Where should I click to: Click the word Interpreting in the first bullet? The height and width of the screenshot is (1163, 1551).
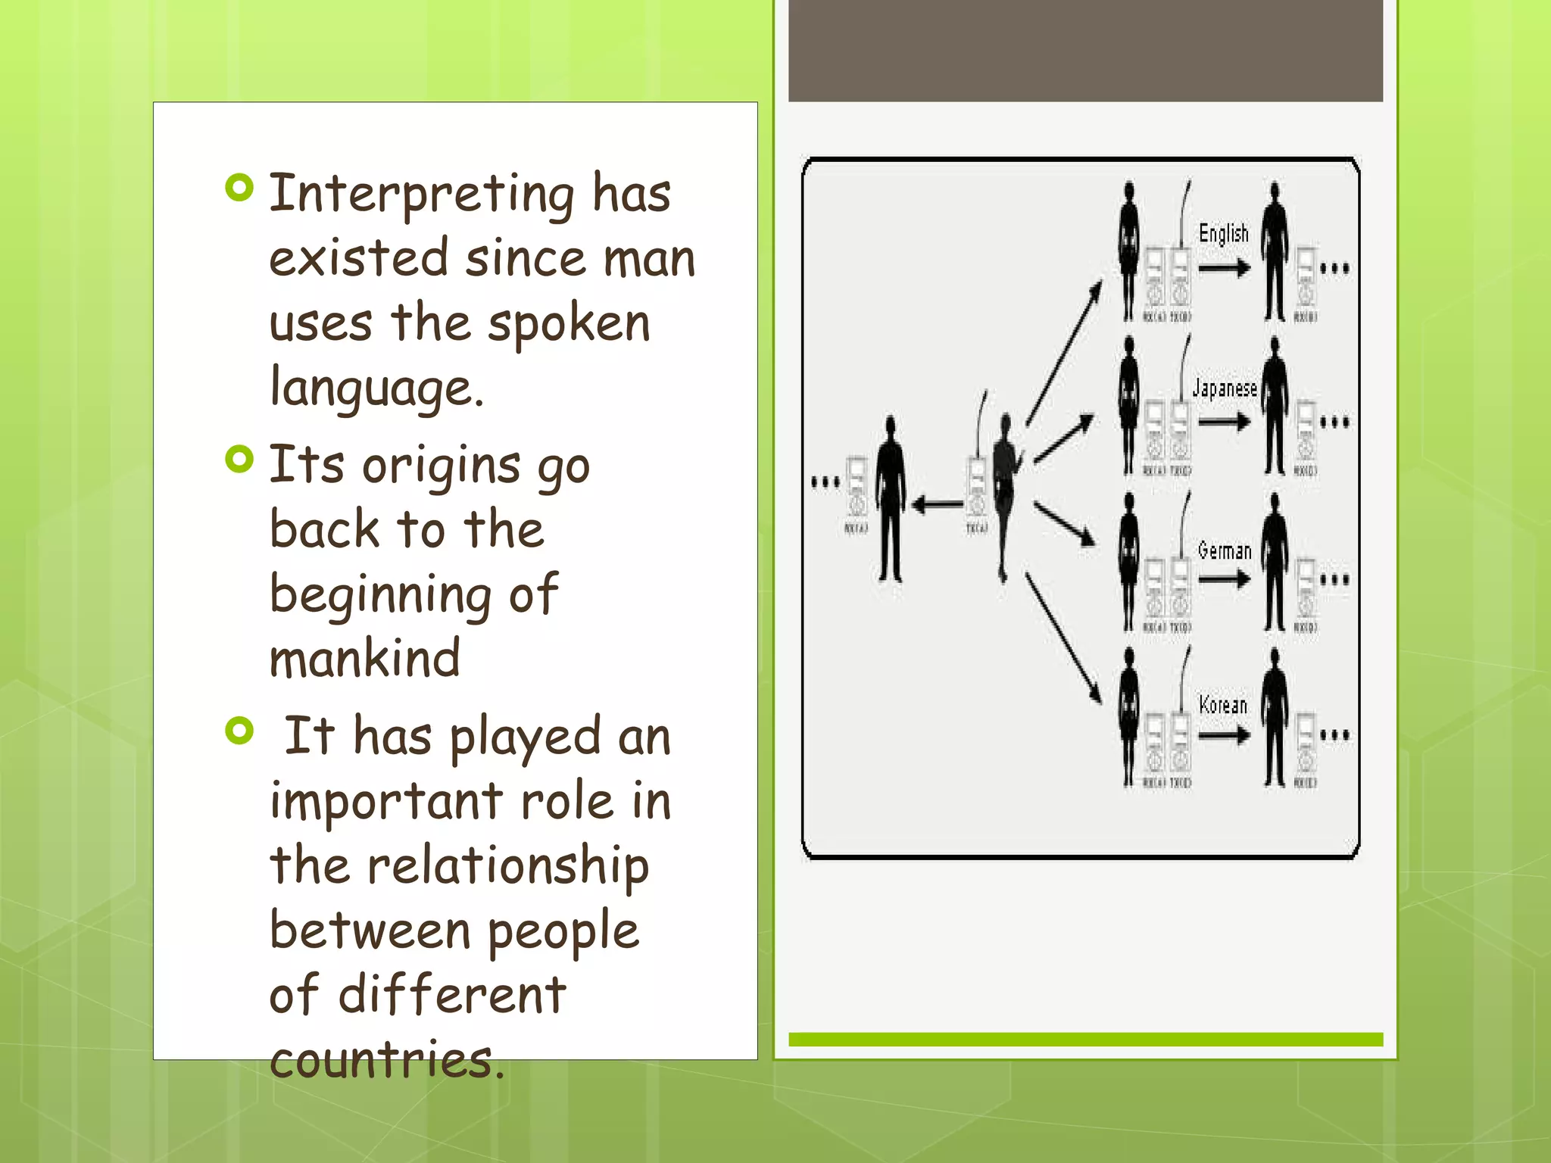[421, 194]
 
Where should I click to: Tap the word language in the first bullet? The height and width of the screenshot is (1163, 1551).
[376, 388]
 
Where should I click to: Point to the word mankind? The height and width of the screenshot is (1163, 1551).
[364, 658]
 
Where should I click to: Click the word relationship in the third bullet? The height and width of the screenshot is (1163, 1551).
[508, 866]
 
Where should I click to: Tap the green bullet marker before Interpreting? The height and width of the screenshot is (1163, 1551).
[239, 188]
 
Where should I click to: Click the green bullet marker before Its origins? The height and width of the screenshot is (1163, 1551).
[239, 459]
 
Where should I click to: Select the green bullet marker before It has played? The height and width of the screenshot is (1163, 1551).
[239, 731]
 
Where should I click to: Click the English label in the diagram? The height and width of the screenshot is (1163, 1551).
[1223, 233]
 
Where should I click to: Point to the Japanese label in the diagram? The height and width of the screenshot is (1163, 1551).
[1224, 389]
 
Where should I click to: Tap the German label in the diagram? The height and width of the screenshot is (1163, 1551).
[1224, 550]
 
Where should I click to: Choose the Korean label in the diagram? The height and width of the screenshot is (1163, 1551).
[1222, 705]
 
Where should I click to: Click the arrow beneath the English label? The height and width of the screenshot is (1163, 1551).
[1224, 268]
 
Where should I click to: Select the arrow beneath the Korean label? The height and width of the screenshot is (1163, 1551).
[1224, 734]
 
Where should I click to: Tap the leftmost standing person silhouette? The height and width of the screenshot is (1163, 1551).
[891, 500]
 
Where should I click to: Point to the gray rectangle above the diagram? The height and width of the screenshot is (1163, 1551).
[1085, 50]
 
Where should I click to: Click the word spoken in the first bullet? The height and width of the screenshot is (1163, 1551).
[568, 323]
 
